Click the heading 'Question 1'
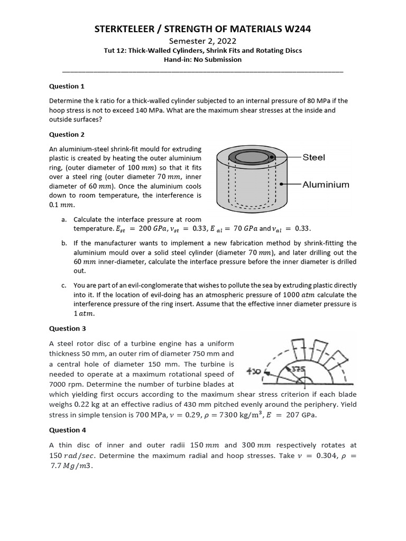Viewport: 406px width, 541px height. (x=67, y=86)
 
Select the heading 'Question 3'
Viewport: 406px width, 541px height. (x=67, y=329)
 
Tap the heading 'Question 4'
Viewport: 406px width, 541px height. (x=67, y=430)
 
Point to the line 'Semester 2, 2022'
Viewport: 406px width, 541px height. (x=202, y=41)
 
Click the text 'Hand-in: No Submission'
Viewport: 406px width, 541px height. (x=202, y=60)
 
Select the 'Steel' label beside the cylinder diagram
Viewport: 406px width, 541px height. (x=314, y=157)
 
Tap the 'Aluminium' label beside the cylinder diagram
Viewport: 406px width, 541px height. (x=326, y=185)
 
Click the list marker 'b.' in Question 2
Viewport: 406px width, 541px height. (x=64, y=243)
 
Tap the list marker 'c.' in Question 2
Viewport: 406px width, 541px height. (x=64, y=285)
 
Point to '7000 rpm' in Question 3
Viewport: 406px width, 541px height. (x=66, y=384)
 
